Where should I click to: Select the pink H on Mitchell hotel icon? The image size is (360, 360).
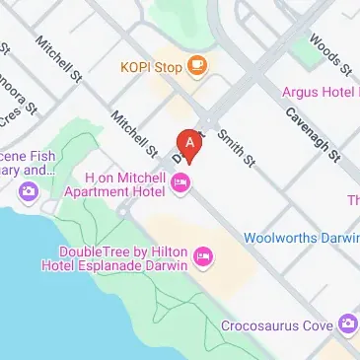(180, 181)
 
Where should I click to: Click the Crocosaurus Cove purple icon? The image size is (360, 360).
(346, 323)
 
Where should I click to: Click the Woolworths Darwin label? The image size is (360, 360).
(305, 237)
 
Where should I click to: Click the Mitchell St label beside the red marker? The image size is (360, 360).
(133, 135)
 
